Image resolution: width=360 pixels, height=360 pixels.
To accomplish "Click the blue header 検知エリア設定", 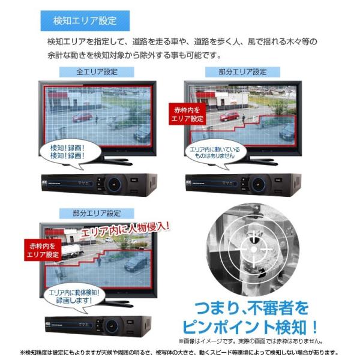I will tap(85, 21).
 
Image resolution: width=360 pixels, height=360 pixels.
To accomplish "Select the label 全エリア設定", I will tap(97, 73).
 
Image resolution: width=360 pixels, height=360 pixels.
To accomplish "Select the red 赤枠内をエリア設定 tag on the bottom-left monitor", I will tap(43, 250).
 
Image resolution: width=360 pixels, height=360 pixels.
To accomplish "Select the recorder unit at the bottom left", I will tap(96, 325).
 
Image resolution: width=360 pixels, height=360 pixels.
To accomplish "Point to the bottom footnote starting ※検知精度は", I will tap(179, 353).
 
